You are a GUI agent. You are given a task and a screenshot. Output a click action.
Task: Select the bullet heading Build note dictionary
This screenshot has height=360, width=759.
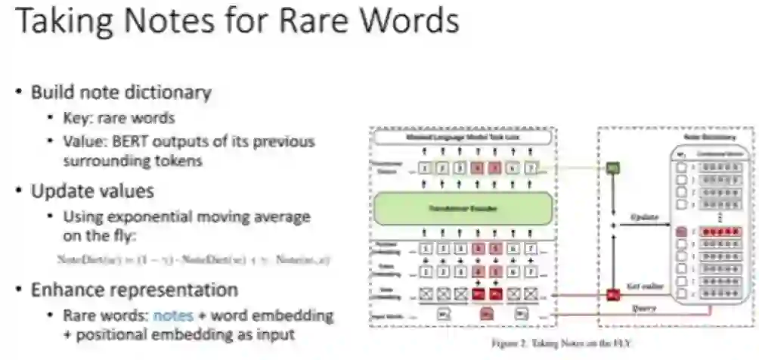121,92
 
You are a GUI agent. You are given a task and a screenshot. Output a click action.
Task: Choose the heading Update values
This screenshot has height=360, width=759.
92,191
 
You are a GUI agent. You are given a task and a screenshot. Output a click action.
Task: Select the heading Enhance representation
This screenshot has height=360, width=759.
135,290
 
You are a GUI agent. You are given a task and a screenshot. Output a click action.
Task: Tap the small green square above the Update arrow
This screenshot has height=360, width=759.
614,168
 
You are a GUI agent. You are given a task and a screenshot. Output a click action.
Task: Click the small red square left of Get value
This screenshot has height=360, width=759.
614,293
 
